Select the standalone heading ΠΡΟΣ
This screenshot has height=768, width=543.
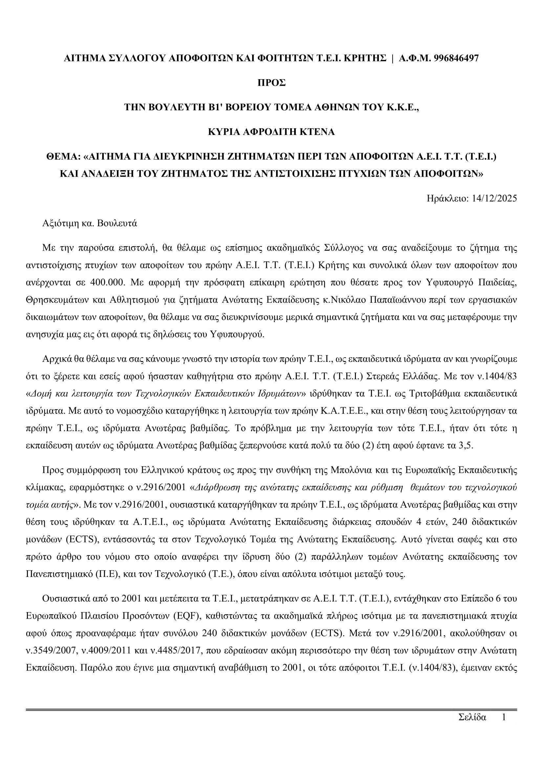tap(271, 83)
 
